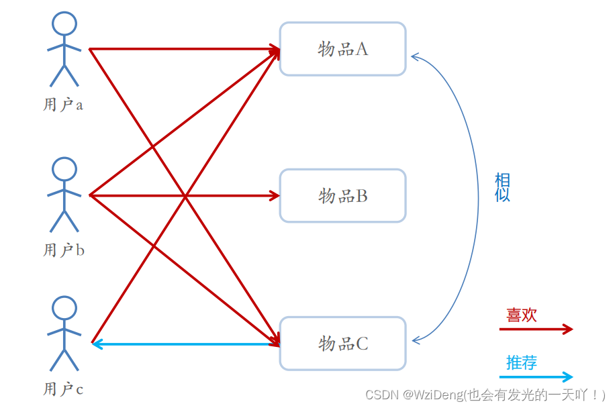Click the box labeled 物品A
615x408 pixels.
(x=342, y=49)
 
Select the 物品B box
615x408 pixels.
(x=342, y=196)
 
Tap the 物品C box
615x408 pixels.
(x=342, y=344)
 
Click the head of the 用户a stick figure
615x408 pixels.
(x=64, y=23)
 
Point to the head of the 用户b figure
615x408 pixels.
(x=64, y=169)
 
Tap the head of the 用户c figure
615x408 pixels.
(x=64, y=309)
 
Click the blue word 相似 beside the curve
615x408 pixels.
(x=502, y=187)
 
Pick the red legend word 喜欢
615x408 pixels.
(x=522, y=315)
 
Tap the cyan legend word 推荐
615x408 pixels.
(x=522, y=363)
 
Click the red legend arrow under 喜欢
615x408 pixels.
(x=535, y=329)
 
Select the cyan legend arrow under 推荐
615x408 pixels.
(x=535, y=376)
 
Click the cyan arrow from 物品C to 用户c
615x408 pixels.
(x=185, y=344)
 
